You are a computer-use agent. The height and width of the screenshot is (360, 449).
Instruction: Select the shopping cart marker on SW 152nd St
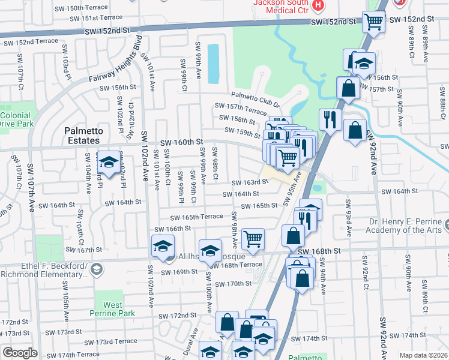coord(373,22)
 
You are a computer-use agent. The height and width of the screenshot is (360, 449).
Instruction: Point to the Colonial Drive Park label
coord(17,119)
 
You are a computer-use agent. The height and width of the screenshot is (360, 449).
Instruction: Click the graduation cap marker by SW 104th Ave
coord(108,162)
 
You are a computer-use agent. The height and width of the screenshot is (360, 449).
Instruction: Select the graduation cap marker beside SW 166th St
coord(163,246)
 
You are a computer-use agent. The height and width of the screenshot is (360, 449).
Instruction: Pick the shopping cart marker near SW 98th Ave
coord(253,238)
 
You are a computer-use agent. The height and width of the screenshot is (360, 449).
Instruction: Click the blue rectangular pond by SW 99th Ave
coord(212,64)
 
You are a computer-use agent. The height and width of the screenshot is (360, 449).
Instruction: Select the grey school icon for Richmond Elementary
coord(95,271)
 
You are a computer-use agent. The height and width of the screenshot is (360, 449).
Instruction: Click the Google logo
coord(20,353)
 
